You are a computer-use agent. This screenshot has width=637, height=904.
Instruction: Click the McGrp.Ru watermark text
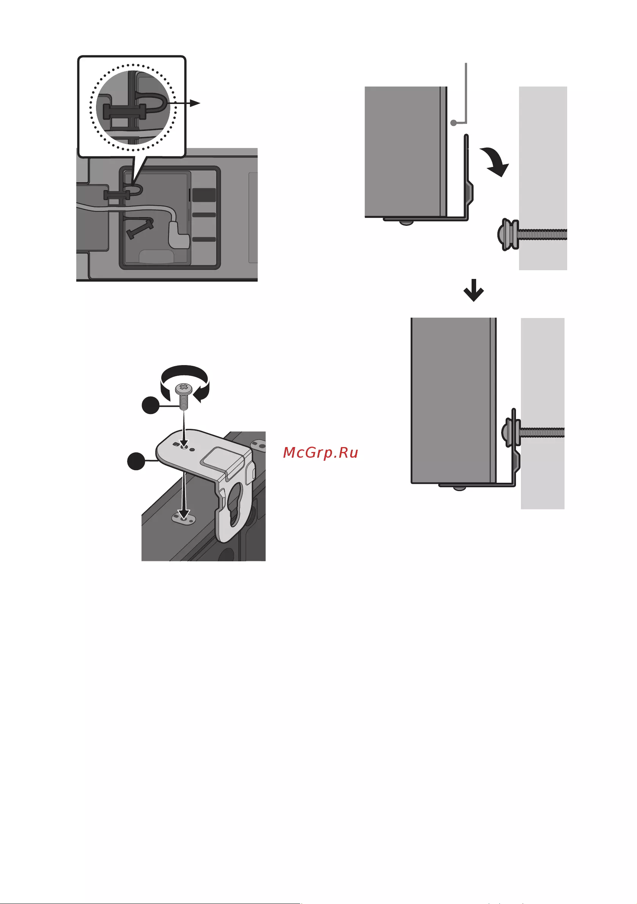(321, 453)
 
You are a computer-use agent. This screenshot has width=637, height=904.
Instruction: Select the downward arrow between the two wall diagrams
(473, 290)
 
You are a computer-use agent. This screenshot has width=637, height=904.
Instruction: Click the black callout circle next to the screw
(150, 406)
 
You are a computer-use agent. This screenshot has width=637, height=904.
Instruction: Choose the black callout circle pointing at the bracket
(136, 461)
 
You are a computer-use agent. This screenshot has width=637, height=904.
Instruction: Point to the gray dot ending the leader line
(453, 123)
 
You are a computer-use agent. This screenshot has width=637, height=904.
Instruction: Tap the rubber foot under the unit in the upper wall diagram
(407, 223)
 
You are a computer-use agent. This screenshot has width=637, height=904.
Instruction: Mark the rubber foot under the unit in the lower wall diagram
(459, 488)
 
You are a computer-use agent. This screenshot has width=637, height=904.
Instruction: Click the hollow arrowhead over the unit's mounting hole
(182, 514)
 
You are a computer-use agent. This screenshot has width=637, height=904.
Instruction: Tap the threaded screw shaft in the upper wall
(543, 235)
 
